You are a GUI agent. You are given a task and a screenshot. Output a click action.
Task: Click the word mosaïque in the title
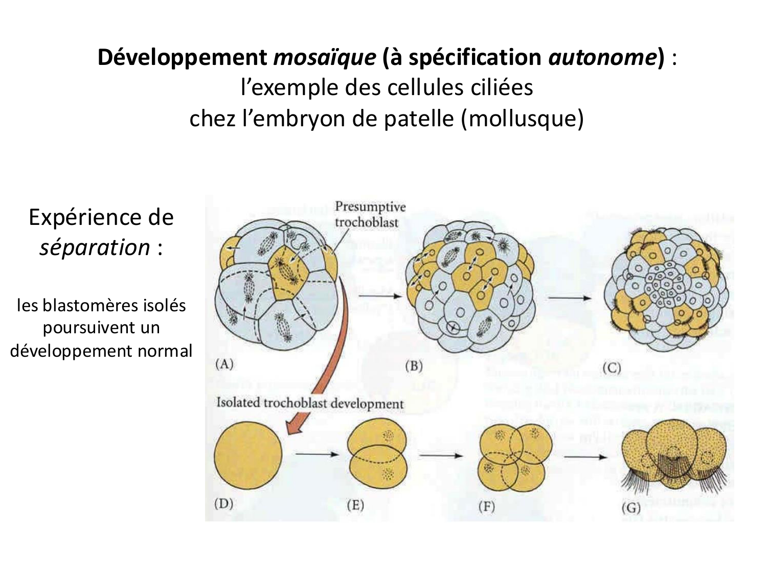pos(325,58)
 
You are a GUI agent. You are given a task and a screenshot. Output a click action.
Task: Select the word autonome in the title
pos(602,58)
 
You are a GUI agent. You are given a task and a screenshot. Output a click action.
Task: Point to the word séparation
pos(95,248)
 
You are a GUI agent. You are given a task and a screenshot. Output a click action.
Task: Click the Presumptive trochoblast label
pos(370,214)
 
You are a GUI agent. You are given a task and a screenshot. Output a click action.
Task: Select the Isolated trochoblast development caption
pos(310,403)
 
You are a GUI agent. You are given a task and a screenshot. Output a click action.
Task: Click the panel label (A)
pos(224,364)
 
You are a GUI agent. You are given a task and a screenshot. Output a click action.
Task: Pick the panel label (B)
pos(413,366)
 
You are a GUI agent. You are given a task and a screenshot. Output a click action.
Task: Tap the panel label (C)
pos(612,368)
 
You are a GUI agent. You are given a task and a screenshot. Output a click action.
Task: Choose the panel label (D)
pos(223,503)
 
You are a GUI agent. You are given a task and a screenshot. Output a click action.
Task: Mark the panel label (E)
pos(355,505)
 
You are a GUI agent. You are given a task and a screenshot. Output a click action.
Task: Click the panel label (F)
pos(486,507)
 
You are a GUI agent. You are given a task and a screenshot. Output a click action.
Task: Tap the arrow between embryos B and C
pos(568,298)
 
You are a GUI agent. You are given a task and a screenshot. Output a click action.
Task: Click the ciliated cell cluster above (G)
pos(674,458)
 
